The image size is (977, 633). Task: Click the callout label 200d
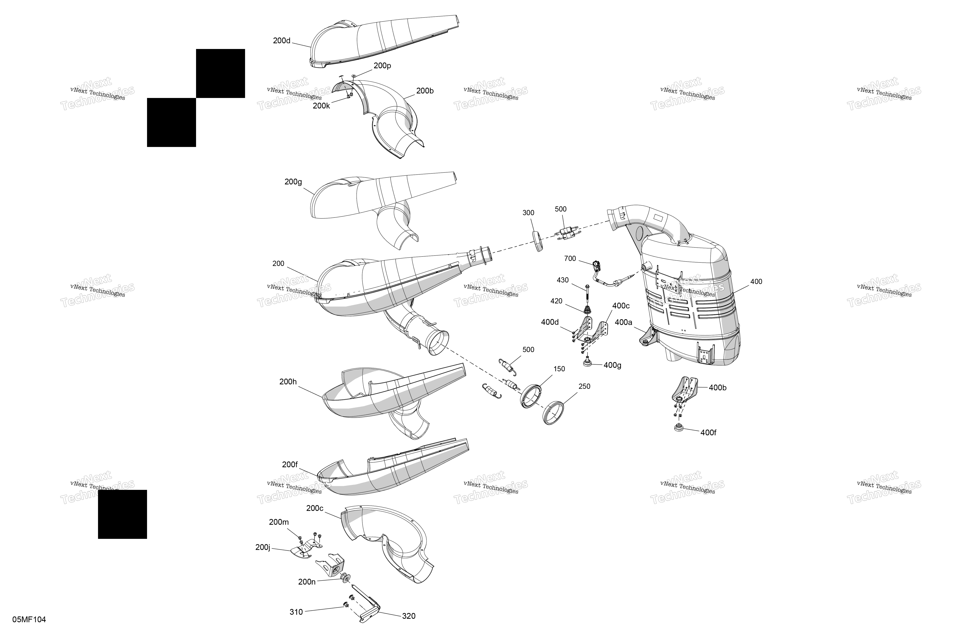coord(282,41)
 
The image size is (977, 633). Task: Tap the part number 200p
coord(382,66)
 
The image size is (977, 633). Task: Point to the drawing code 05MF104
coord(29,619)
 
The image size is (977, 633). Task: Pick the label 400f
coord(708,432)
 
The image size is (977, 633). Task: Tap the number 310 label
coord(296,612)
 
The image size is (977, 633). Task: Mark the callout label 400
coord(756,281)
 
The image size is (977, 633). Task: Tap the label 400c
coord(621,306)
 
